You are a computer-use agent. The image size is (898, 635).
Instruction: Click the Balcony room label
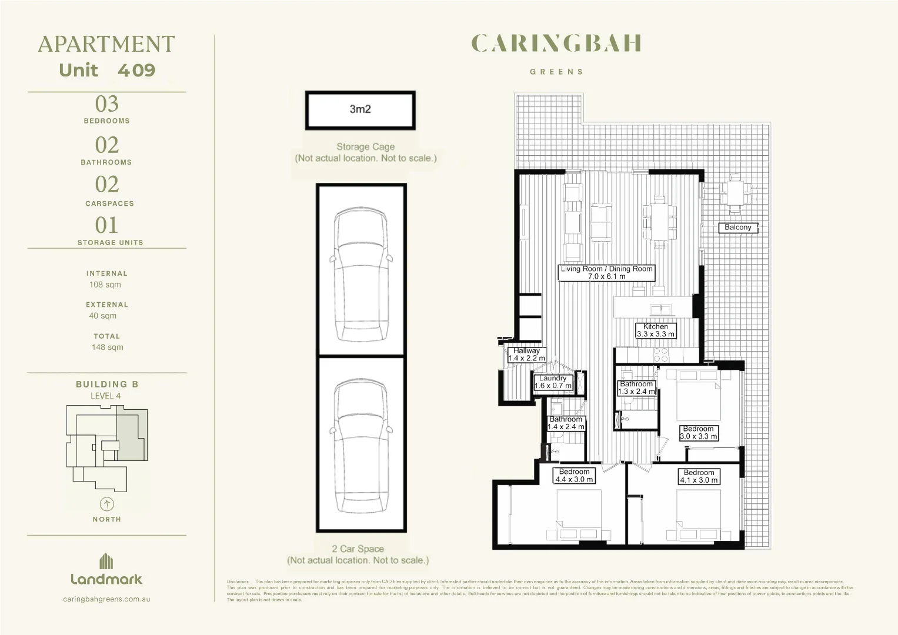pos(738,228)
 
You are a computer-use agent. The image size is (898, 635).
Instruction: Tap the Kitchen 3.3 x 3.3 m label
pos(656,330)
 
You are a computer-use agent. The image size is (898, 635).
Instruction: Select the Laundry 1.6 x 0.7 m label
pos(553,382)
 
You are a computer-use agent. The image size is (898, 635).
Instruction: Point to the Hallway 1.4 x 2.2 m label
pos(526,355)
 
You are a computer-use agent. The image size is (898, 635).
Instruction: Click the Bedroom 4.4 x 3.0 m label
pos(575,476)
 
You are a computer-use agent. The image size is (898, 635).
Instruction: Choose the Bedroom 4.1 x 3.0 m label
pos(699,476)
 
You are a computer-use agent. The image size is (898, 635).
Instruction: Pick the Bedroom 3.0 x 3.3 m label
pos(698,433)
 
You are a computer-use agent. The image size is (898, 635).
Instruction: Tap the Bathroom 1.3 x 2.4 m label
pos(636,387)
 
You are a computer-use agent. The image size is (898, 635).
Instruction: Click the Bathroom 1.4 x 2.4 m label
pos(566,423)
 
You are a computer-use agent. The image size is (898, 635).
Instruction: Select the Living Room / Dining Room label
pos(606,272)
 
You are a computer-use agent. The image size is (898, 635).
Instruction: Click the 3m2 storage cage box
pos(360,110)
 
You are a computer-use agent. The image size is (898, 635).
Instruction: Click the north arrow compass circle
pos(107,504)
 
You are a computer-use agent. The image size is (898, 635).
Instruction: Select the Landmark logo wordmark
pos(106,579)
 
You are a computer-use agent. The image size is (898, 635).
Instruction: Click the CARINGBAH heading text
pos(556,44)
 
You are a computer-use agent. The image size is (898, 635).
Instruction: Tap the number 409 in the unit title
pos(136,71)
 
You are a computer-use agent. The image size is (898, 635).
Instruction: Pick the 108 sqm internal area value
pos(105,285)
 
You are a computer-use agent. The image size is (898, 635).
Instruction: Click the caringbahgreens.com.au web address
pos(106,599)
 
